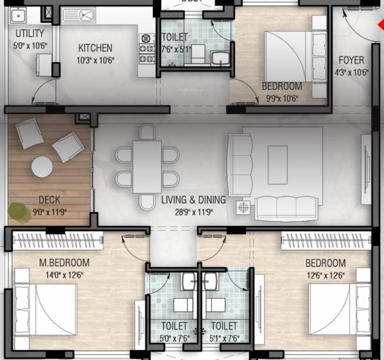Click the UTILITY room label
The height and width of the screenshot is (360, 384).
29,33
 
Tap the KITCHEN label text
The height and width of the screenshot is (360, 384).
95,48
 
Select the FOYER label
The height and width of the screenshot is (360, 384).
351,61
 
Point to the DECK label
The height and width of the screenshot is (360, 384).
49,200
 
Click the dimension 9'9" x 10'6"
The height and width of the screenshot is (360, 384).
282,98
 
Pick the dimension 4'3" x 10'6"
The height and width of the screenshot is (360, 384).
351,72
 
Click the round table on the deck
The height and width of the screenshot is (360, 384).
43,167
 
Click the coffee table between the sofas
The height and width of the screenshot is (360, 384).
278,165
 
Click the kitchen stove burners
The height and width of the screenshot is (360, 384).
147,49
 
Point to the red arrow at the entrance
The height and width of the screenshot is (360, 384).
380,29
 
